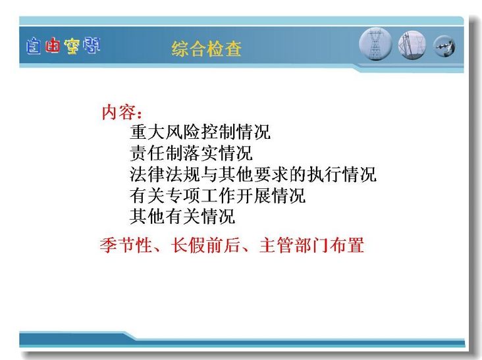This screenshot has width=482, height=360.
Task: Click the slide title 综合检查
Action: point(207,49)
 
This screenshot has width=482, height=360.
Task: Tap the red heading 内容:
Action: point(122,112)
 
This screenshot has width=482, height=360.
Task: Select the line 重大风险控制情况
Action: point(200,132)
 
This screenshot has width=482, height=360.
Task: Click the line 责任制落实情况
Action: point(191,153)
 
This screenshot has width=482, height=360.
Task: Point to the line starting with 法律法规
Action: point(253,174)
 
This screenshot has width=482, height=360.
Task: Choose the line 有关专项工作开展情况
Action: point(218,195)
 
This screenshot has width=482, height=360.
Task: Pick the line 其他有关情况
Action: point(182,217)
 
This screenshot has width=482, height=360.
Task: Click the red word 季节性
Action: point(126,245)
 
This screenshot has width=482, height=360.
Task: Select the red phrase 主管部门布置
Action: point(311,245)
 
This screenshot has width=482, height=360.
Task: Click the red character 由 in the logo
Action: point(52,46)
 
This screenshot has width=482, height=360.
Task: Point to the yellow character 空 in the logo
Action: point(72,46)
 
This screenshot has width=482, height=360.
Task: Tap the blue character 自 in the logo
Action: point(33,46)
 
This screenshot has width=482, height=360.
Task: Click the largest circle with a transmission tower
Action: point(375,44)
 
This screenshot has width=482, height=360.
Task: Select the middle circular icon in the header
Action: point(412,45)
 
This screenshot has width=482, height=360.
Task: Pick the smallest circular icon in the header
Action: point(444,47)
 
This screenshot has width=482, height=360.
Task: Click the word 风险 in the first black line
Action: point(182,132)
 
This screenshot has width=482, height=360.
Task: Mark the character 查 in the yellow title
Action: point(233,49)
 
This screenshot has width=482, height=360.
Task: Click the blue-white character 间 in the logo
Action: point(92,45)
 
